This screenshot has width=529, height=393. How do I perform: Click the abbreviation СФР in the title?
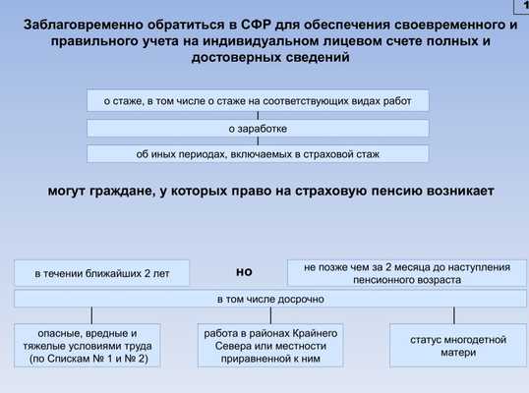(257, 25)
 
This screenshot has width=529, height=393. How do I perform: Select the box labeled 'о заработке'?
(258, 129)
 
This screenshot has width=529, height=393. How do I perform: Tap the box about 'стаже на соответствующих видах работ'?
(258, 100)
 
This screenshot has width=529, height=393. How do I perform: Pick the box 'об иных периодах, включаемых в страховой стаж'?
(258, 154)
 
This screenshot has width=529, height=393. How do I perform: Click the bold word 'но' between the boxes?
(244, 272)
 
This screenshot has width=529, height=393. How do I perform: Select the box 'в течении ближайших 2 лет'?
(101, 273)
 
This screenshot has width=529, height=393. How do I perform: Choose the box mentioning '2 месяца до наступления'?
(407, 273)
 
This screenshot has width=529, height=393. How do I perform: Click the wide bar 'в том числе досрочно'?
(270, 299)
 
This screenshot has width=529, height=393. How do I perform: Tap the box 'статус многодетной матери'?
(458, 346)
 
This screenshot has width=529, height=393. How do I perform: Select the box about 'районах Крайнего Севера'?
(270, 346)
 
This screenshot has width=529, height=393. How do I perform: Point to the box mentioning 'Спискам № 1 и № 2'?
(88, 346)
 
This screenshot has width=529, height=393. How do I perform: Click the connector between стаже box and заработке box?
(258, 116)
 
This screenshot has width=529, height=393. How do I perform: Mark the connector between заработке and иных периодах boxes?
(258, 141)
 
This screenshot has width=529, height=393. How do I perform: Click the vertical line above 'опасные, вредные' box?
(91, 315)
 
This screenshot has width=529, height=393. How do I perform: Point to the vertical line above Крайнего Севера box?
(270, 315)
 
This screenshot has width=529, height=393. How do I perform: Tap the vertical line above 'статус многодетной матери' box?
(454, 315)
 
